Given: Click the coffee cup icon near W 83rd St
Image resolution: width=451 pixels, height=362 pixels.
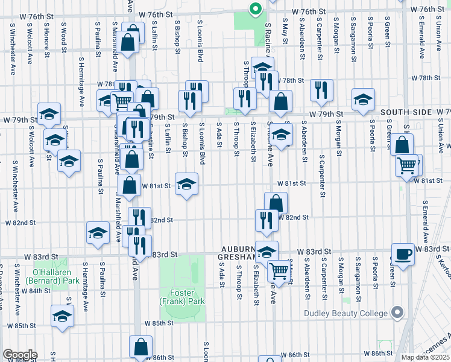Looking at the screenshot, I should pyautogui.click(x=402, y=253).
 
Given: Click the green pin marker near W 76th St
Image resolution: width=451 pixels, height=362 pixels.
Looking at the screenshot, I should pyautogui.click(x=255, y=9).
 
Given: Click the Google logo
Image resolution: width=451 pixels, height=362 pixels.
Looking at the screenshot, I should pyautogui.click(x=19, y=354).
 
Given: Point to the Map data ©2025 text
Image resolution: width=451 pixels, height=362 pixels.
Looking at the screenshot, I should pyautogui.click(x=425, y=357).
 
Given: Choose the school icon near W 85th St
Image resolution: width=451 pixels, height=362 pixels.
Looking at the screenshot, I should pyautogui.click(x=62, y=316).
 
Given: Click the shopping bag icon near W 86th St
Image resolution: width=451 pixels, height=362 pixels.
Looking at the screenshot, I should pyautogui.click(x=140, y=347).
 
